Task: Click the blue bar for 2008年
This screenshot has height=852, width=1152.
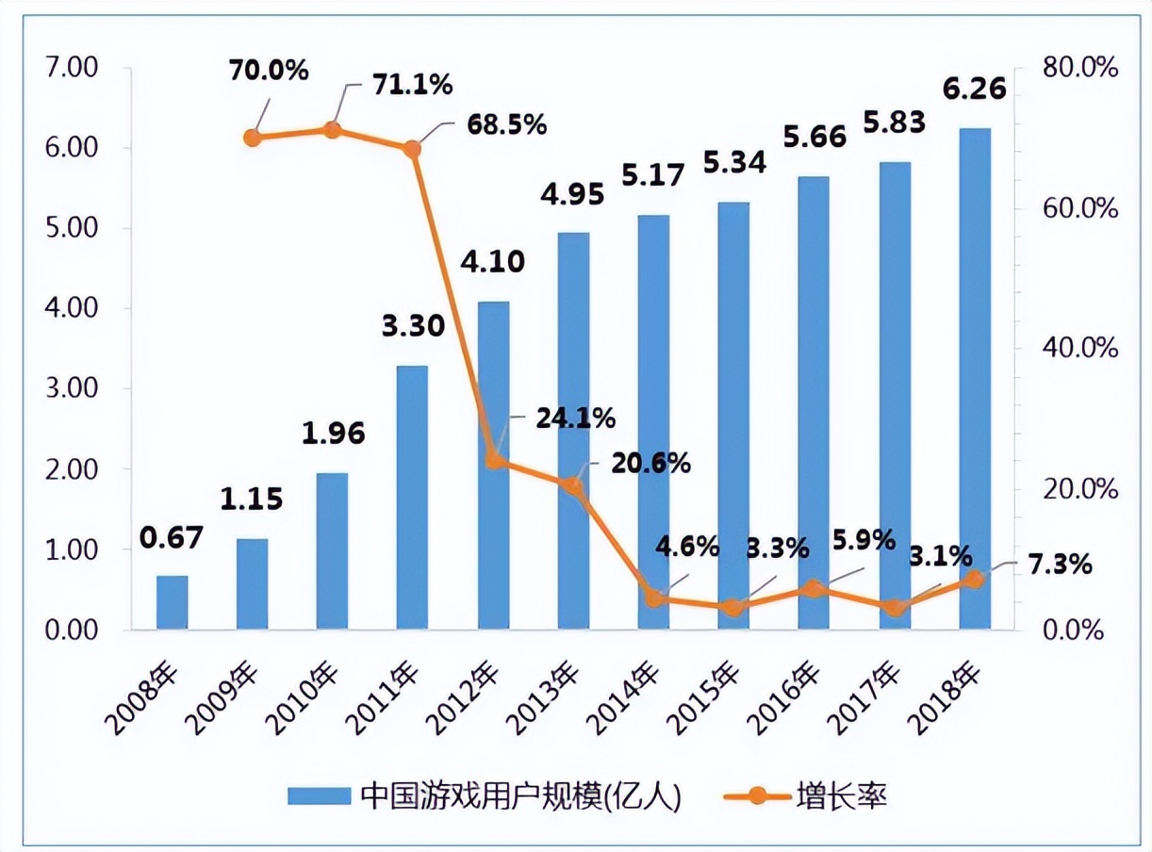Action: coord(172,602)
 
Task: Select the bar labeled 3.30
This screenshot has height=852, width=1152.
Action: coord(412,497)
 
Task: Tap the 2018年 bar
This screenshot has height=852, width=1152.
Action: coord(975,379)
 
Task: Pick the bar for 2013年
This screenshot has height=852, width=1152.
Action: coord(572,431)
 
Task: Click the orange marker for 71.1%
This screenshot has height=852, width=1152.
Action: coord(332,130)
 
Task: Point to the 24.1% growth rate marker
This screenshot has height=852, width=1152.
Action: coord(493,461)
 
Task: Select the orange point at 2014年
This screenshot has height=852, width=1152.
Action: coord(653,598)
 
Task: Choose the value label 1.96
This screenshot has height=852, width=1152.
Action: coord(333,434)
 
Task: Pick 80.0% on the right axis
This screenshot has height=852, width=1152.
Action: coord(1078,68)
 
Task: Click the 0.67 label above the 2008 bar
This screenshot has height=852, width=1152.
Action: coord(172,537)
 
